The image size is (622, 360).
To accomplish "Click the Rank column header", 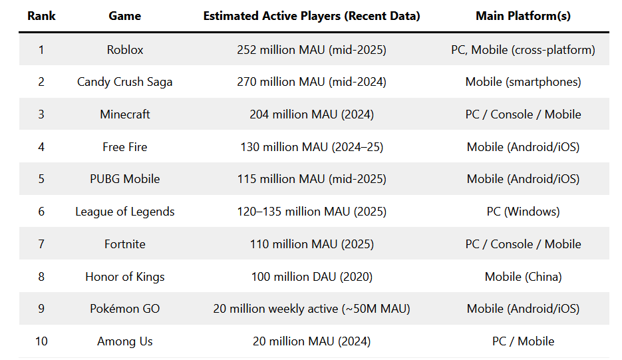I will point(41,16).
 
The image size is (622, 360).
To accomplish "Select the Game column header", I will point(124,16).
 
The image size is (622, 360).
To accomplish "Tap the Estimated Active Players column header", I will point(311,16).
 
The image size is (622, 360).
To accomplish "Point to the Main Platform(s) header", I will point(523,16).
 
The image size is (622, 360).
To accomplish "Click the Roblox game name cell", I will point(124,50).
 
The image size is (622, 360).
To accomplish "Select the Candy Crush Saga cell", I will point(124,83).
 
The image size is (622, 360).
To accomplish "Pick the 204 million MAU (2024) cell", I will point(311,114).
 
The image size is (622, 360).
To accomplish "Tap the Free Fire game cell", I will point(124,147).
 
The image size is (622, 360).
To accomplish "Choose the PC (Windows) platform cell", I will point(523,212).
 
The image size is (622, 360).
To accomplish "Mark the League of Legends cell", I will point(124,212).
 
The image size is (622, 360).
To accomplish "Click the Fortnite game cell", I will point(124,244).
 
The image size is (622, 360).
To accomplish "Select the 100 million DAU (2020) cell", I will point(311,277).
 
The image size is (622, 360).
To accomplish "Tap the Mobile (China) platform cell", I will point(523,277).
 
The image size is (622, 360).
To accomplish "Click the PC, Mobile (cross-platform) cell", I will point(523,50).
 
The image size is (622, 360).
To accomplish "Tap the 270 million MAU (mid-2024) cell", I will point(311,83).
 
